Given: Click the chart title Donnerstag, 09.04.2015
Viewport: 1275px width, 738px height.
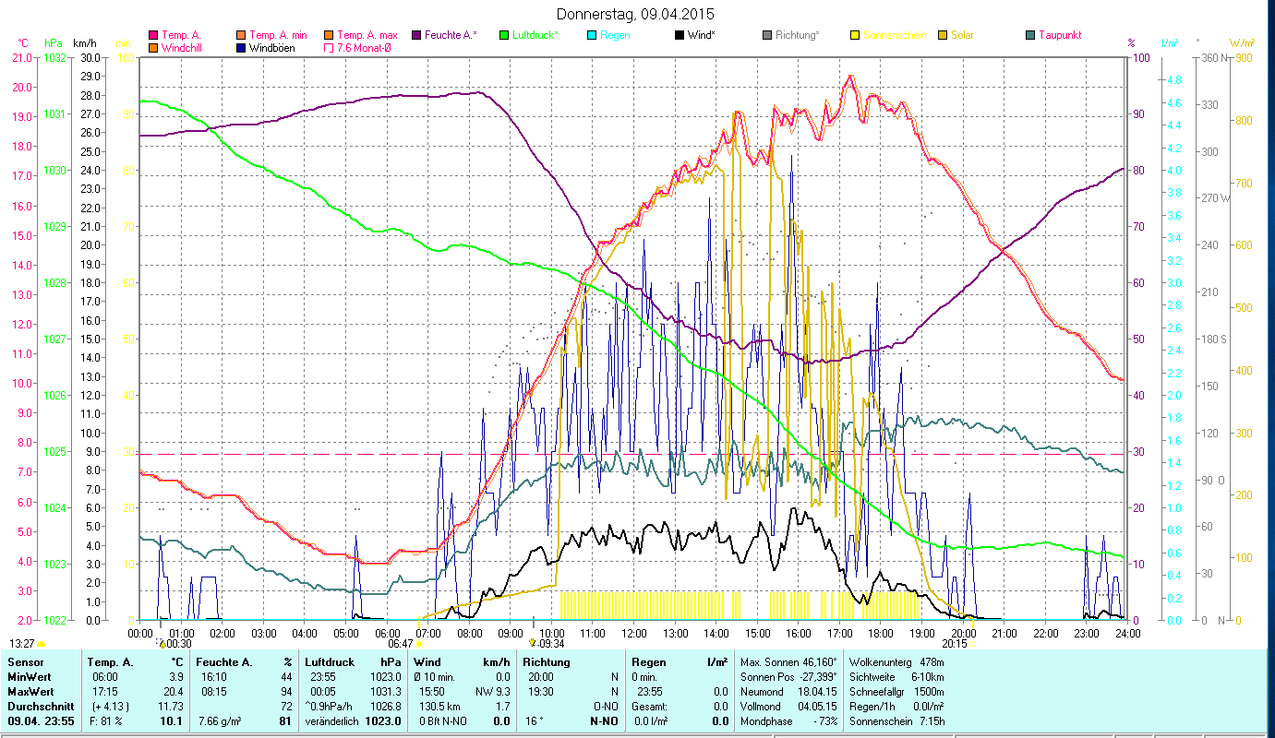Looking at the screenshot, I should pyautogui.click(x=636, y=15).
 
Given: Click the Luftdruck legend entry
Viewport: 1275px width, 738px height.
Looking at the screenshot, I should pyautogui.click(x=535, y=35).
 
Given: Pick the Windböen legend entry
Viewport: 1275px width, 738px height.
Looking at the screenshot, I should pyautogui.click(x=272, y=47).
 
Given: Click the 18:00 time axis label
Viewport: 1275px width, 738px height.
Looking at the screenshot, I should pyautogui.click(x=881, y=633).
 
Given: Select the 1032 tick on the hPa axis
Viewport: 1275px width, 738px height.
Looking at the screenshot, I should pyautogui.click(x=54, y=57).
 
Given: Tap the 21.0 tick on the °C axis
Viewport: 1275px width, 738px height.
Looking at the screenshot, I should pyautogui.click(x=21, y=57).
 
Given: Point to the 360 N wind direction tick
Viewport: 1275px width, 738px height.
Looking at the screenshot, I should pyautogui.click(x=1212, y=57).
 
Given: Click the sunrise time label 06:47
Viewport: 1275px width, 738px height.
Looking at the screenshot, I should pyautogui.click(x=400, y=644).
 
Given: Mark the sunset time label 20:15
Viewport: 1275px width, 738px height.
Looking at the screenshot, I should pyautogui.click(x=955, y=644).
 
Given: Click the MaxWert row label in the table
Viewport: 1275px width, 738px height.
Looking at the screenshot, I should pyautogui.click(x=30, y=691).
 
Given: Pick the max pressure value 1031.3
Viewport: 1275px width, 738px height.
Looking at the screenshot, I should pyautogui.click(x=387, y=691).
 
